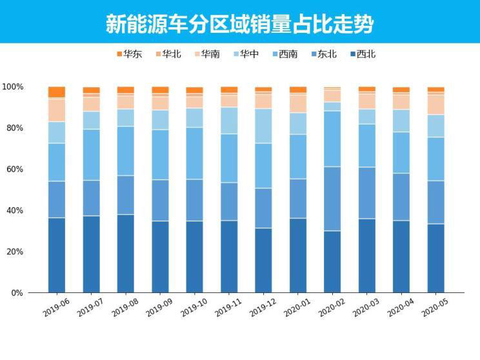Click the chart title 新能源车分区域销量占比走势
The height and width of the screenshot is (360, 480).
click(x=240, y=24)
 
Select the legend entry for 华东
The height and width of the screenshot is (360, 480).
click(x=129, y=54)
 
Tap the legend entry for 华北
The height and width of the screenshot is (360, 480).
click(x=167, y=54)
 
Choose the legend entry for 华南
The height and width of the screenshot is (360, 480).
click(x=206, y=54)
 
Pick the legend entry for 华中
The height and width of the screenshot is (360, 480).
click(x=245, y=54)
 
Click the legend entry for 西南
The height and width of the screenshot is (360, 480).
click(x=283, y=54)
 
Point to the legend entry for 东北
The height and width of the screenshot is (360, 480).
click(x=323, y=54)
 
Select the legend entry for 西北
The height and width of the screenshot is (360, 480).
click(x=361, y=54)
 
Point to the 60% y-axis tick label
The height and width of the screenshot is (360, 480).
click(x=15, y=169)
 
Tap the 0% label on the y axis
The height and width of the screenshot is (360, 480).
click(x=17, y=293)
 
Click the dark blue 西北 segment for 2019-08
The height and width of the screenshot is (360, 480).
click(x=126, y=253)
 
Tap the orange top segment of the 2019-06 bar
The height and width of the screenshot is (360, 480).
click(x=57, y=92)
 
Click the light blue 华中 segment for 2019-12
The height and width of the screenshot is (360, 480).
click(x=264, y=126)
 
